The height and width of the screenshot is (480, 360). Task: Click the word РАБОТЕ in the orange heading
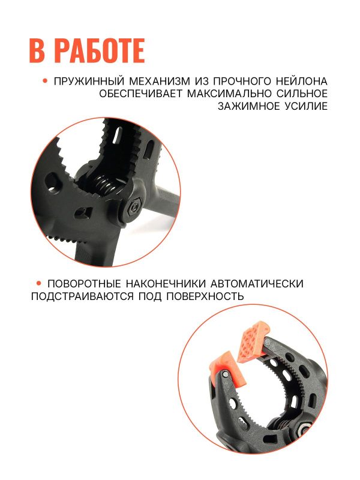[x=101, y=50]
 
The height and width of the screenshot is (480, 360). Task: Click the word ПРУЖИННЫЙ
[x=89, y=82]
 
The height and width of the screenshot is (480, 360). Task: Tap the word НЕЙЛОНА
[x=302, y=82]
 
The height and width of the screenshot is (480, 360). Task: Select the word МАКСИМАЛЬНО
[x=229, y=94]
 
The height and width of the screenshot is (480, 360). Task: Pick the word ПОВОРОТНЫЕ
[x=84, y=284]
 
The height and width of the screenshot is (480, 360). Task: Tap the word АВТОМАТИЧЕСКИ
[x=257, y=284]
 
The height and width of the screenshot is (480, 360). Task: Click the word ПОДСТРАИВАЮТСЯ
[x=82, y=296]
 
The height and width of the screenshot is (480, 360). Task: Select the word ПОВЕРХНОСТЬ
[x=205, y=296]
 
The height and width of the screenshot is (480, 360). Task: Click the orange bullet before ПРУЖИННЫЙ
[x=46, y=81]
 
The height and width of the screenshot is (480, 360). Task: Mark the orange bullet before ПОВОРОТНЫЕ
[x=38, y=283]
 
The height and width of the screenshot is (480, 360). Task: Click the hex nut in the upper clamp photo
[x=133, y=208]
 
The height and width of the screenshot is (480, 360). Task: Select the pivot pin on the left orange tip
[x=225, y=373]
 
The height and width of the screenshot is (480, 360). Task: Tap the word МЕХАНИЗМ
[x=160, y=82]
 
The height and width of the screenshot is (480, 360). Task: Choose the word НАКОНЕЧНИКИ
[x=166, y=284]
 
